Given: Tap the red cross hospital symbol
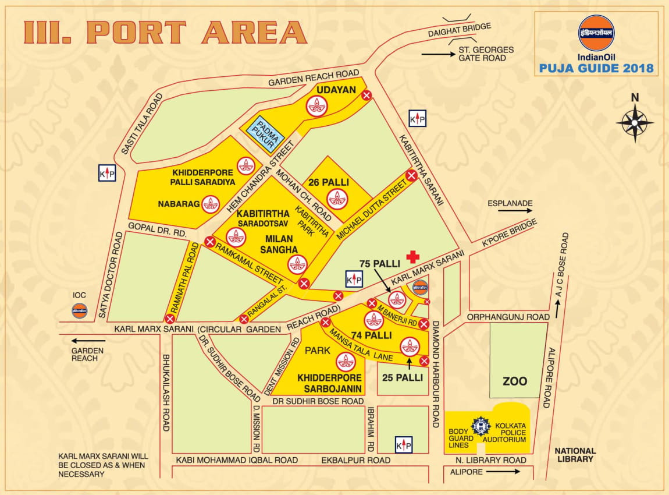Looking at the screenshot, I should pyautogui.click(x=412, y=257).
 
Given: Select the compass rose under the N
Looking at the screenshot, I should pyautogui.click(x=635, y=122).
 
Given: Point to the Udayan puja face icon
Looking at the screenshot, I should pyautogui.click(x=317, y=106).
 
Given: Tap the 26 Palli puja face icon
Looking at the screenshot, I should pyautogui.click(x=337, y=199).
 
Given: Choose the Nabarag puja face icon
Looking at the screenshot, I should pyautogui.click(x=211, y=204).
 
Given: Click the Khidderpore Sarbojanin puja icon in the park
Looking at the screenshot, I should pyautogui.click(x=346, y=362).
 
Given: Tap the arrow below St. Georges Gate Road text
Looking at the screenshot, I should pyautogui.click(x=437, y=54).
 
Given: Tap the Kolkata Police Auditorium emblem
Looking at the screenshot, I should pyautogui.click(x=481, y=427).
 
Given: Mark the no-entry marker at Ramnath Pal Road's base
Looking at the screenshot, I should pyautogui.click(x=170, y=319).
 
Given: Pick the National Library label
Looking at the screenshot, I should pyautogui.click(x=575, y=455).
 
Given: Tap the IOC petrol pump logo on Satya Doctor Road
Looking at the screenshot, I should pyautogui.click(x=80, y=310).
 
